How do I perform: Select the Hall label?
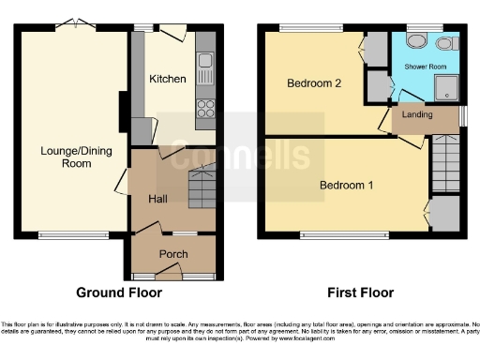point(157,199)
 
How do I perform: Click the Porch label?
point(173,254)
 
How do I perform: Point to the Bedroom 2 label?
point(313,83)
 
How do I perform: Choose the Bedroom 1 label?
point(346,185)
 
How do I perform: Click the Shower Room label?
point(424,67)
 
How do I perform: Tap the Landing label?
point(418,114)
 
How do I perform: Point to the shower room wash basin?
point(443,43)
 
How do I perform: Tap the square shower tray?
point(444,87)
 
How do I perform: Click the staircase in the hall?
point(202,188)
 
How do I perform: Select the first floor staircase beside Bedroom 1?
point(444,162)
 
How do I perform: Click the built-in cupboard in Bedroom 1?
point(444,213)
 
